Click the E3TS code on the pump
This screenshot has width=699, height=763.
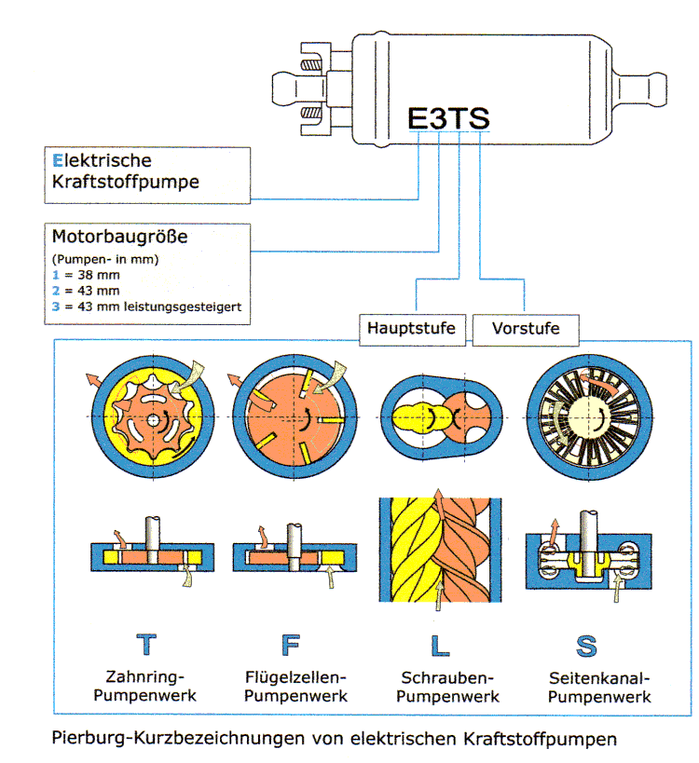[x=448, y=118]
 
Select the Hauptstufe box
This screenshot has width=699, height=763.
[x=412, y=330]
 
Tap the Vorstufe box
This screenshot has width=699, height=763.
[x=526, y=330]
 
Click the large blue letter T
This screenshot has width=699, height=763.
[x=146, y=645]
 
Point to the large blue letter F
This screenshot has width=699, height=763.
[x=291, y=646]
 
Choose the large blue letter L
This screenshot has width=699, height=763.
[x=440, y=646]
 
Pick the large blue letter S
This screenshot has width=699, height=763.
[x=586, y=647]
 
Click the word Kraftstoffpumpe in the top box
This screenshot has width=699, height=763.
[x=126, y=182]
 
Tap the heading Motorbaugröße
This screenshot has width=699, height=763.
[x=119, y=237]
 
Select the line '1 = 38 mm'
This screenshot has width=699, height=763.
[x=86, y=275]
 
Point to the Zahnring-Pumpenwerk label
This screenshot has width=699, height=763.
[x=145, y=686]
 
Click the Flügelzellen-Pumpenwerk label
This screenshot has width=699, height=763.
[x=295, y=687]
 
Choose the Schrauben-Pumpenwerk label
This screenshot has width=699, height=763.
[x=447, y=688]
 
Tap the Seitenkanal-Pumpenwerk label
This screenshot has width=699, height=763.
[x=599, y=688]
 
